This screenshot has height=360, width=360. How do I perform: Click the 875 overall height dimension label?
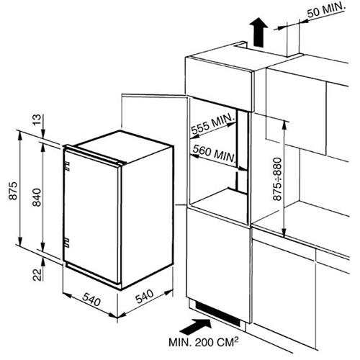[x=14, y=191]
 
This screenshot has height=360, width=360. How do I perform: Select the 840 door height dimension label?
[x=37, y=197]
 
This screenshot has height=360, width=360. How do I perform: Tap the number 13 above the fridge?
[x=37, y=120]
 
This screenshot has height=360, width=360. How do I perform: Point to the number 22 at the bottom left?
[x=37, y=274]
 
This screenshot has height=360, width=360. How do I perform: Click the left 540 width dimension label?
[x=91, y=300]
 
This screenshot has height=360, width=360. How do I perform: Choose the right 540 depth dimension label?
[x=145, y=296]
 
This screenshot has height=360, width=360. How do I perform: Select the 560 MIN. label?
[x=214, y=153]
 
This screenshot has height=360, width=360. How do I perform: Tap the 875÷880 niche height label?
[x=278, y=179]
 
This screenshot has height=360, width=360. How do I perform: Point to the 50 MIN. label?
[x=326, y=10]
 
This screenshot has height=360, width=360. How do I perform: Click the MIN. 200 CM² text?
[x=204, y=342]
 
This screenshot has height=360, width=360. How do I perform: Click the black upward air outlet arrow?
[x=258, y=32]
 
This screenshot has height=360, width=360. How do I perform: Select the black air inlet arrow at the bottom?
[x=195, y=327]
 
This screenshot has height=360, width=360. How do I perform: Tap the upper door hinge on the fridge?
[x=67, y=166]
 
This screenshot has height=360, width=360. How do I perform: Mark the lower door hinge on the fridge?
[x=67, y=243]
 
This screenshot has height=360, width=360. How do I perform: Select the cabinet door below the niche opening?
[x=218, y=264]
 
